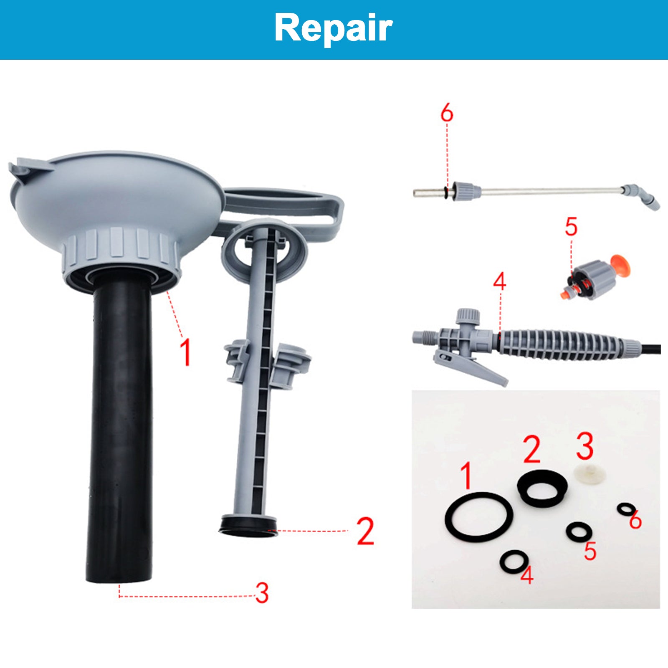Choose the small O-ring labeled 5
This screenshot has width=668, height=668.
tap(579, 531)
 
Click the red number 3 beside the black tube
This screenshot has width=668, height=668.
tap(262, 592)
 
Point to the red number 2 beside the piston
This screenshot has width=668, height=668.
tap(365, 531)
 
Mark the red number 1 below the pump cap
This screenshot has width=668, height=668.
tap(186, 352)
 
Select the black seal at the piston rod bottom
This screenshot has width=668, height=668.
tap(248, 525)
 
